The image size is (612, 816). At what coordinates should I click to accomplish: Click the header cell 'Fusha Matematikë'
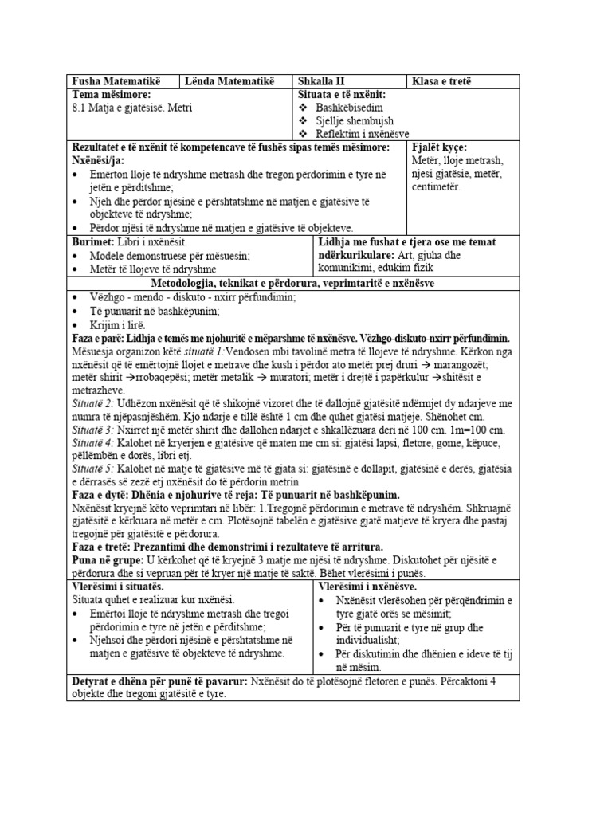116,81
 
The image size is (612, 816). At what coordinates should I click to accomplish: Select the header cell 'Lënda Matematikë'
229,81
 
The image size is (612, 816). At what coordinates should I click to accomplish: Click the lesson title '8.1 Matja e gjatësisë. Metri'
131,108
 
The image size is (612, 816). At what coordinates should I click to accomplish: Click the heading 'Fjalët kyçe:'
440,147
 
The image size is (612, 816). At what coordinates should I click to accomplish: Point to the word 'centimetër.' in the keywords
436,186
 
